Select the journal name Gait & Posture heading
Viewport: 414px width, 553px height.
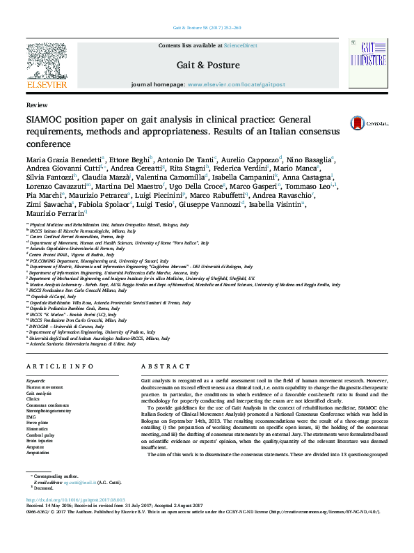click(208, 65)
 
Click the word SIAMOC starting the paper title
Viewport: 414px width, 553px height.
click(45, 119)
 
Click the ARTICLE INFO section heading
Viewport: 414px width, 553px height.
click(61, 366)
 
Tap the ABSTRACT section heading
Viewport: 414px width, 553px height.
click(166, 366)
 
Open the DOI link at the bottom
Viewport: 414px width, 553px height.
click(76, 519)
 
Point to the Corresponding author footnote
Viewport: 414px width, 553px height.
click(56, 496)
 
